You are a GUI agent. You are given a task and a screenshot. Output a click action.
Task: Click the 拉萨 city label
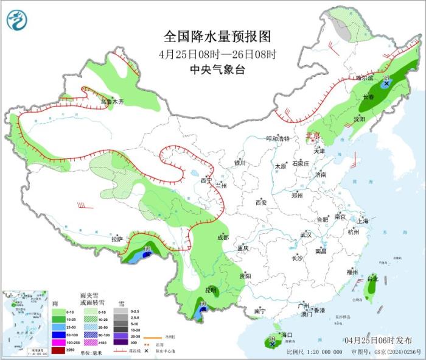(x=117, y=239)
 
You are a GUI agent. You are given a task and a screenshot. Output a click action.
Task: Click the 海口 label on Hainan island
(x=285, y=335)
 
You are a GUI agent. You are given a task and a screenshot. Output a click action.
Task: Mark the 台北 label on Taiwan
(x=372, y=279)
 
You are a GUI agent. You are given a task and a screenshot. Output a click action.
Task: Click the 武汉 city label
(x=305, y=235)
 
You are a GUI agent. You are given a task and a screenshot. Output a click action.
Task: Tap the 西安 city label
(x=262, y=202)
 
